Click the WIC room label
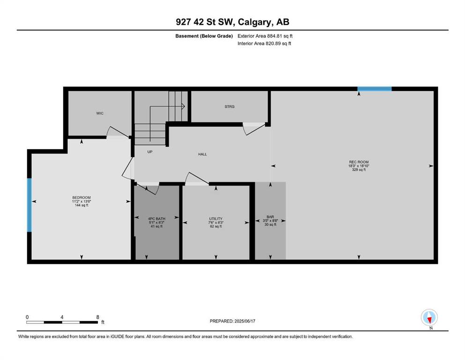(100, 113)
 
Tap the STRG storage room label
(229, 106)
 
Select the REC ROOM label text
(359, 162)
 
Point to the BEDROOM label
(81, 197)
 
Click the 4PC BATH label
(156, 219)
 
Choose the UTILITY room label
(216, 219)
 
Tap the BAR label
(270, 217)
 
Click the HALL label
(203, 154)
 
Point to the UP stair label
(150, 152)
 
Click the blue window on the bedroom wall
(30, 205)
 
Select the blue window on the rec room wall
(375, 89)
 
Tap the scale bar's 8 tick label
(97, 317)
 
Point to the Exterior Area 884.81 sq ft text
(265, 36)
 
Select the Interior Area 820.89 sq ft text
(264, 43)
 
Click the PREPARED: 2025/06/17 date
(232, 321)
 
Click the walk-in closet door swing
(118, 132)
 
